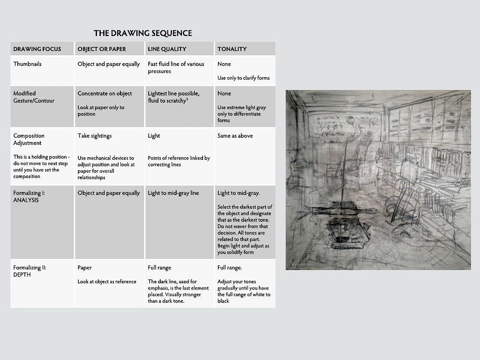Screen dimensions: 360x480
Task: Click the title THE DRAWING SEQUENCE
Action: pos(143,33)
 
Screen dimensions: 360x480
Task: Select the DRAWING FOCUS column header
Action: pos(37,49)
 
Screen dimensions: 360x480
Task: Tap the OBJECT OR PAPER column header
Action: pos(102,49)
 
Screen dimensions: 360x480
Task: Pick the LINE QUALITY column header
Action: pos(167,49)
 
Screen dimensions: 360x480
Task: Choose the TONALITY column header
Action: pos(232,49)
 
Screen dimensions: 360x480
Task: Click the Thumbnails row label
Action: pos(27,64)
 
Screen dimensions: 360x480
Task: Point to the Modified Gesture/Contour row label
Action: pos(34,97)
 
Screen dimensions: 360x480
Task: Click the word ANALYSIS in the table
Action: pos(26,200)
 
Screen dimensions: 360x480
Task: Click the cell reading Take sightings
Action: pos(95,136)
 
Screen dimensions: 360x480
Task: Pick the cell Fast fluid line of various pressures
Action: pos(176,68)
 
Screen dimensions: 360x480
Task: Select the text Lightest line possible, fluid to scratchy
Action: pos(173,97)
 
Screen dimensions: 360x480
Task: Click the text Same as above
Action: pos(235,136)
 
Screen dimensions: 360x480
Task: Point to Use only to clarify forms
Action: pos(243,78)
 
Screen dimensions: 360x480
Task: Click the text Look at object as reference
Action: pos(107,282)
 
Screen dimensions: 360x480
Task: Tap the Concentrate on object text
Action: pos(105,94)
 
